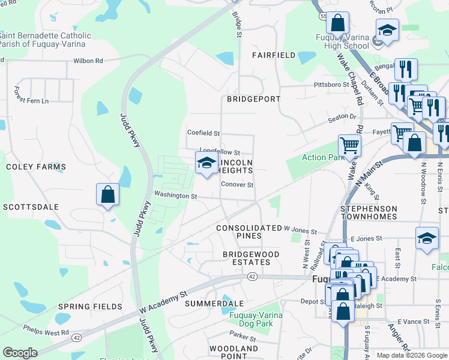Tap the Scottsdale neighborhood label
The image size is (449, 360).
pyautogui.click(x=31, y=206)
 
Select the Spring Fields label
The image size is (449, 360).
pyautogui.click(x=90, y=307)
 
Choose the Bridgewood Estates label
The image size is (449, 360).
pyautogui.click(x=251, y=259)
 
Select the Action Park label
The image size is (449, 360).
pyautogui.click(x=317, y=158)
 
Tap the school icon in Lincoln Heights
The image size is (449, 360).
pyautogui.click(x=206, y=163)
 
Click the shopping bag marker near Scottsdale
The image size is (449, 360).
pyautogui.click(x=107, y=194)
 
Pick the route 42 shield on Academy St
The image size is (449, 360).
pyautogui.click(x=252, y=277)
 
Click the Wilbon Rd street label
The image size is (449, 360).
pyautogui.click(x=88, y=61)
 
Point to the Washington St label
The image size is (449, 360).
pyautogui.click(x=175, y=196)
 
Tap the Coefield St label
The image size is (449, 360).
pyautogui.click(x=203, y=133)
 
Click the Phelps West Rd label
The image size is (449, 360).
pyautogui.click(x=46, y=330)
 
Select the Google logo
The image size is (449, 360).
pyautogui.click(x=20, y=353)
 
